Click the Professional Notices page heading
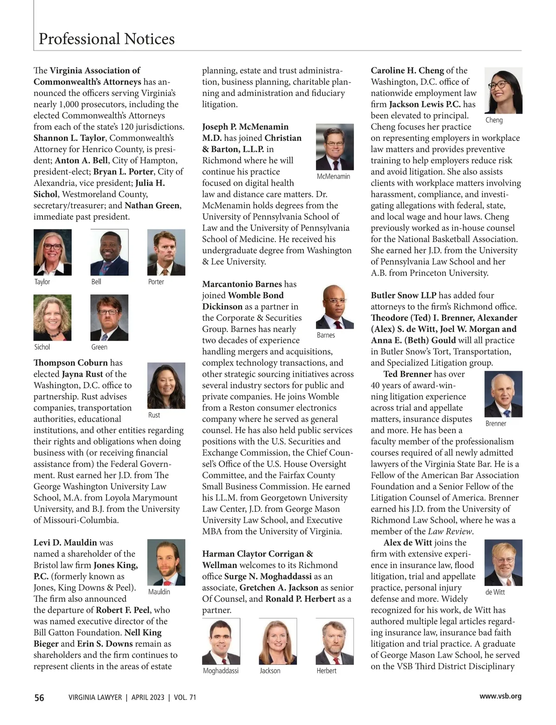click(x=107, y=38)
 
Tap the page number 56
click(x=39, y=697)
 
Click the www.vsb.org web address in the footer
click(x=500, y=696)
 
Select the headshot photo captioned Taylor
click(x=52, y=252)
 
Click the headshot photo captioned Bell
click(x=109, y=252)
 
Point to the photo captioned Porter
click(x=166, y=252)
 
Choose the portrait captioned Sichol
click(x=52, y=318)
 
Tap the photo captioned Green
click(x=109, y=318)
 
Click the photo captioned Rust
click(x=166, y=385)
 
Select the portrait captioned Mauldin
click(x=166, y=562)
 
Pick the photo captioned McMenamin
click(x=335, y=147)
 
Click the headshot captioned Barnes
click(x=335, y=306)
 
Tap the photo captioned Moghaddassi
click(x=221, y=641)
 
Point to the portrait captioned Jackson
click(x=278, y=641)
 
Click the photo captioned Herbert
click(x=335, y=641)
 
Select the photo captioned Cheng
click(x=503, y=90)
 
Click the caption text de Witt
click(x=495, y=592)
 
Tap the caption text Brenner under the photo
click(x=496, y=423)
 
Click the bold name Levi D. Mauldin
click(x=65, y=542)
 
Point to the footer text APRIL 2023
click(x=148, y=697)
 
